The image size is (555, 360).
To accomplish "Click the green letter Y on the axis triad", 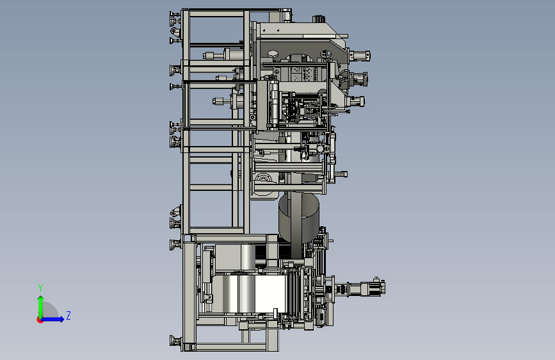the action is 40,288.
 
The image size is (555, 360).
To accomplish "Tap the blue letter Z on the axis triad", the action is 68,315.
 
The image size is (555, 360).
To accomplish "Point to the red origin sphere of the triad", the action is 40,320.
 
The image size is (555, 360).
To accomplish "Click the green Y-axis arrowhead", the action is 41,299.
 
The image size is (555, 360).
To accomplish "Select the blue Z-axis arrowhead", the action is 61,319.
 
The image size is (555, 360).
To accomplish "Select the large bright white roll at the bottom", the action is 249,293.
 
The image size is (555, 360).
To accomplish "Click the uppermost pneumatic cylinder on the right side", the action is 360,56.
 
